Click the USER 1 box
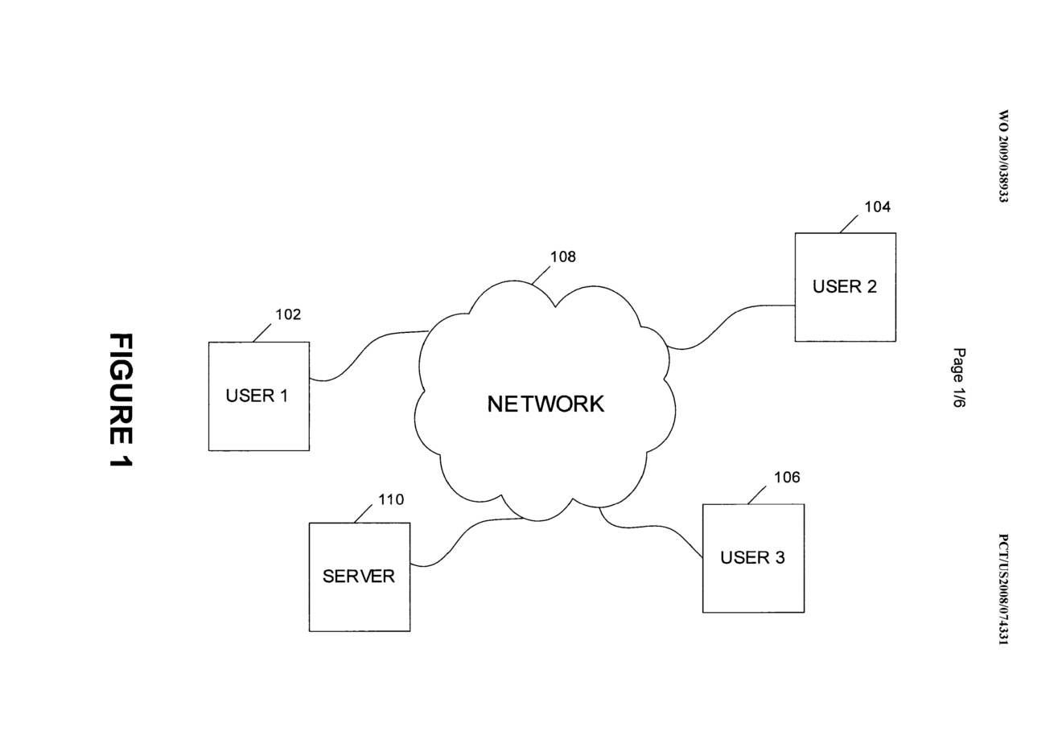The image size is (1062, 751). [x=258, y=396]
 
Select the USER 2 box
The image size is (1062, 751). [x=845, y=287]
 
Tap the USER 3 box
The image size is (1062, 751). [x=753, y=558]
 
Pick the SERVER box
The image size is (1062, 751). [x=359, y=577]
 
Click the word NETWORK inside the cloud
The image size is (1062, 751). [x=545, y=404]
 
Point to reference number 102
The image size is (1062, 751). [x=288, y=314]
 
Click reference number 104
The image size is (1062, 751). [x=877, y=207]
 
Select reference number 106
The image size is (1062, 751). [x=787, y=478]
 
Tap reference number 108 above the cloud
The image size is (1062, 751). [x=562, y=257]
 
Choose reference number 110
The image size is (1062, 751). [x=391, y=500]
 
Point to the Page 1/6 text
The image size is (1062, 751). [x=958, y=379]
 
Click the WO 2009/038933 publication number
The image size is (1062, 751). [x=1002, y=156]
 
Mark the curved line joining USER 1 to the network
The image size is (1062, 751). [x=362, y=351]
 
